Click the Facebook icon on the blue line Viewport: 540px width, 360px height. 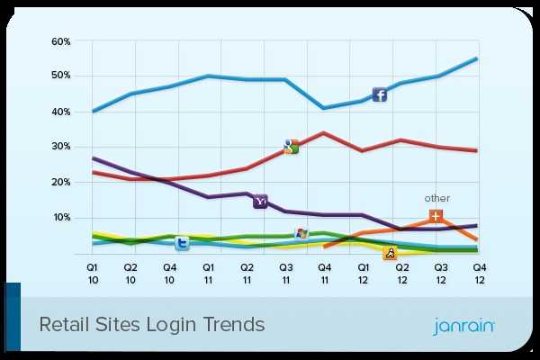pyautogui.click(x=380, y=94)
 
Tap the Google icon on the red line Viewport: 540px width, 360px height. pyautogui.click(x=291, y=147)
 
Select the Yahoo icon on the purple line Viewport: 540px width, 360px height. pyautogui.click(x=260, y=202)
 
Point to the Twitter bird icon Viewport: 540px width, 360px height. pyautogui.click(x=182, y=243)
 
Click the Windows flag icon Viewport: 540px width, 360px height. pyautogui.click(x=301, y=234)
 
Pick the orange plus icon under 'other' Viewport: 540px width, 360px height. pyautogui.click(x=436, y=216)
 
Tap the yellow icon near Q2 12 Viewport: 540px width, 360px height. pyautogui.click(x=391, y=253)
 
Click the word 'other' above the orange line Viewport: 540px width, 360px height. pyautogui.click(x=436, y=198)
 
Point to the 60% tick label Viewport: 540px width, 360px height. pyautogui.click(x=60, y=41)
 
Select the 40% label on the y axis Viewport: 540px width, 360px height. pyautogui.click(x=60, y=112)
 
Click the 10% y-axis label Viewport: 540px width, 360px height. pyautogui.click(x=60, y=218)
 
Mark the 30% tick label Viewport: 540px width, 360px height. pyautogui.click(x=60, y=147)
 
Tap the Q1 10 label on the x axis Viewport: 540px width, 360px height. pyautogui.click(x=93, y=272)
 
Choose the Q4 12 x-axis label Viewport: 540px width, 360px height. pyautogui.click(x=480, y=272)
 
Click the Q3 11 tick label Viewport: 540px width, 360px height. pyautogui.click(x=286, y=272)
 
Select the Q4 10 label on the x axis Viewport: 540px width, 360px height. pyautogui.click(x=170, y=272)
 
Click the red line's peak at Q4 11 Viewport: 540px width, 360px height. pyautogui.click(x=324, y=132)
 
